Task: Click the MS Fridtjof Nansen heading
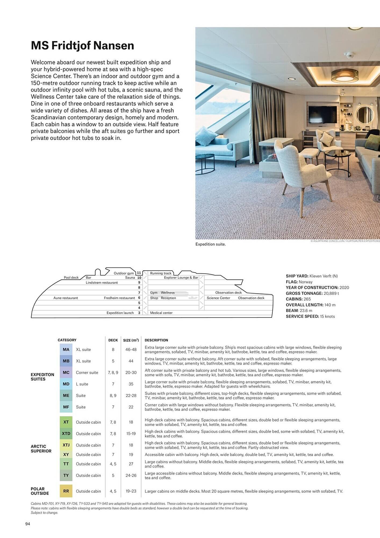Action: (x=82, y=45)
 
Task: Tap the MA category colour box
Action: (x=66, y=349)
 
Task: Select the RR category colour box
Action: (x=66, y=491)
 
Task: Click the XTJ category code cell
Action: (x=66, y=445)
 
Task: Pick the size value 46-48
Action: (x=131, y=349)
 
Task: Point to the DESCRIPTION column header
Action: (x=156, y=340)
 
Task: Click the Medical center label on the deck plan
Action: (x=161, y=313)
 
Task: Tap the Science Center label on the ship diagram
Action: (x=218, y=298)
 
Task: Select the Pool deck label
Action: (x=71, y=278)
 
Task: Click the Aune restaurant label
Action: (x=66, y=298)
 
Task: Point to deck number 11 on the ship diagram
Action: (x=139, y=273)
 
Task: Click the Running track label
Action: (x=160, y=273)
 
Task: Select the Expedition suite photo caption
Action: (x=210, y=244)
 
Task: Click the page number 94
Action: (x=28, y=524)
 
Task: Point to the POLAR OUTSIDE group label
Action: (x=40, y=491)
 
